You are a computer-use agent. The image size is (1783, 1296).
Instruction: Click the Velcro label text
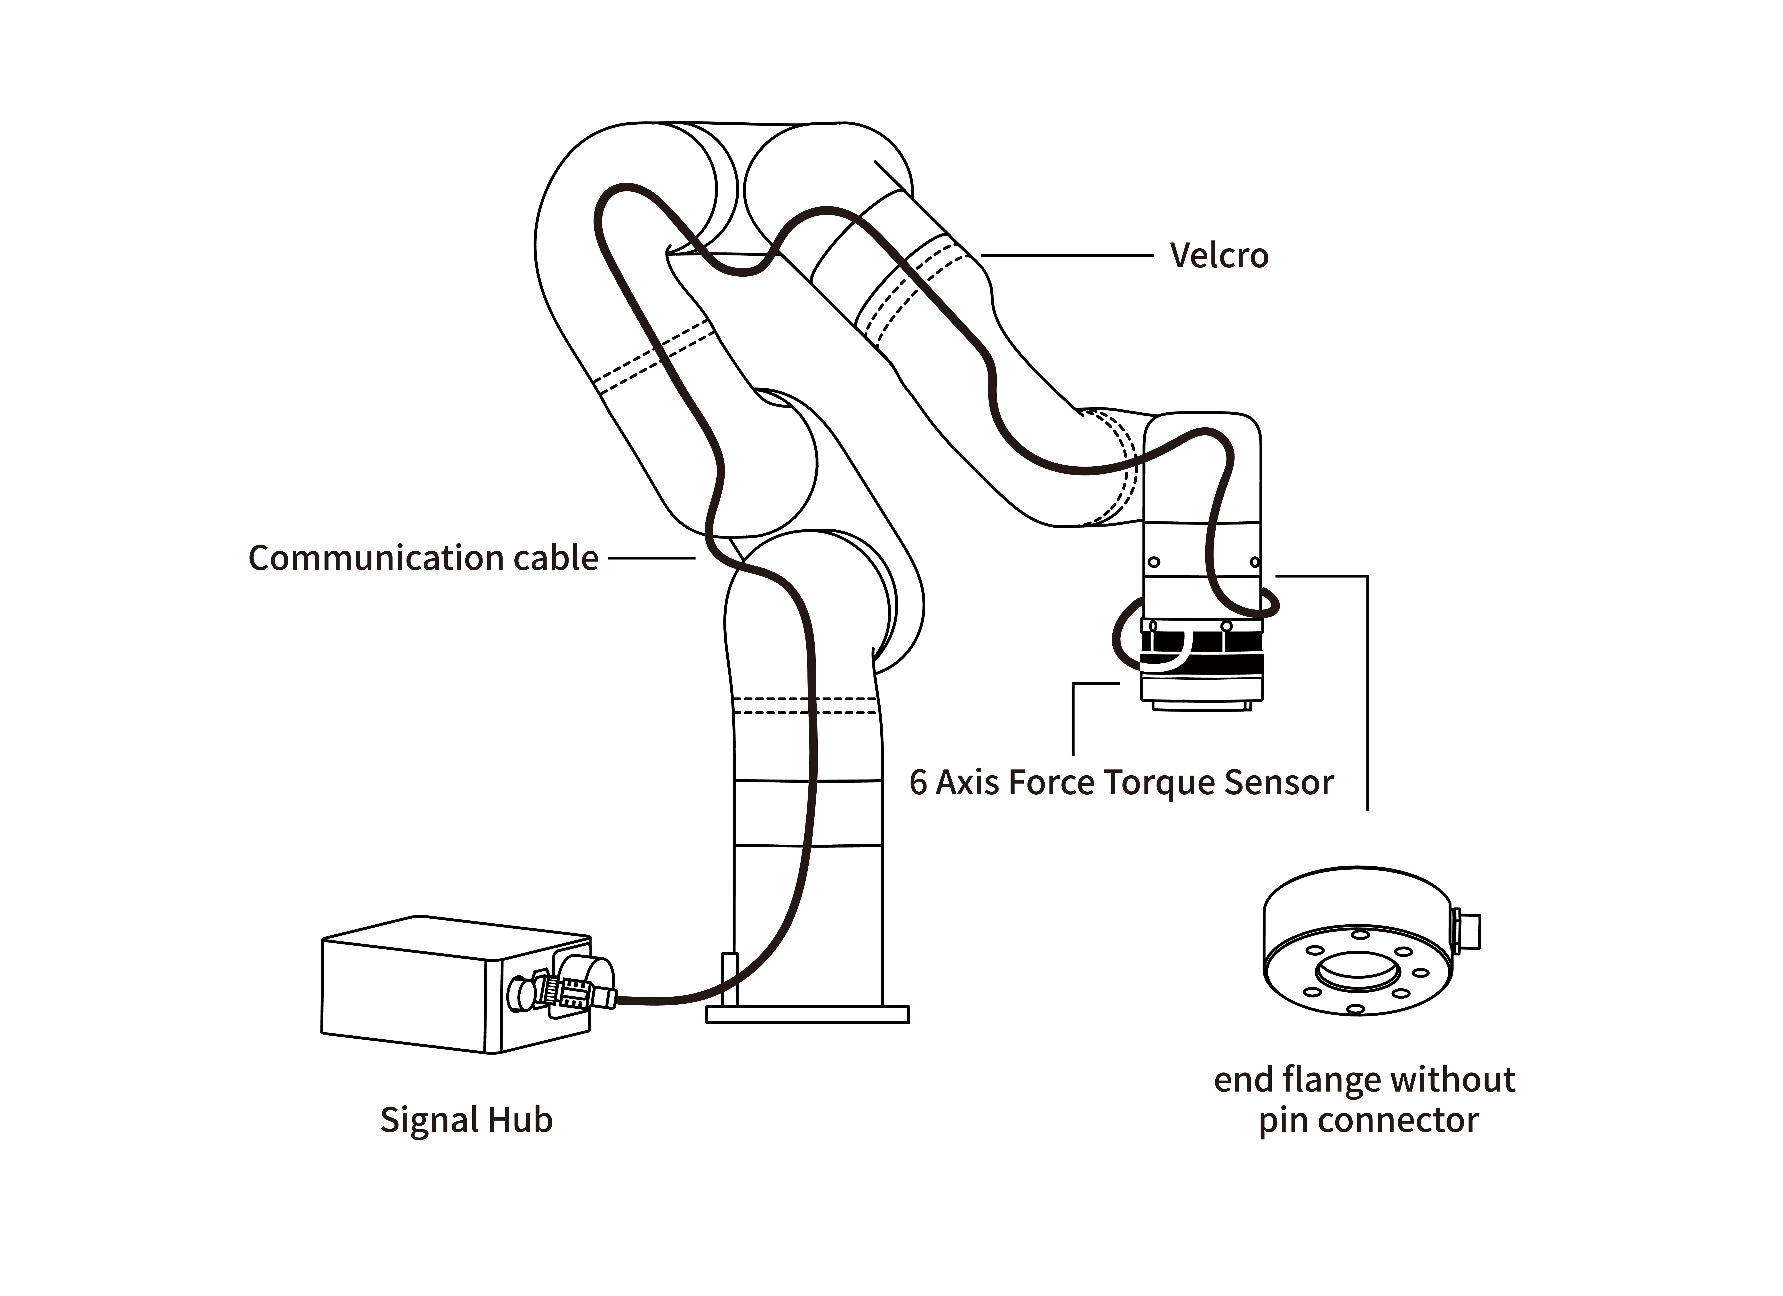pyautogui.click(x=1218, y=256)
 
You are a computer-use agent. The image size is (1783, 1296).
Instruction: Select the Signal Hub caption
pyautogui.click(x=466, y=1120)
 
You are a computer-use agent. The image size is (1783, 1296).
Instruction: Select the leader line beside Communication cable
pyautogui.click(x=651, y=558)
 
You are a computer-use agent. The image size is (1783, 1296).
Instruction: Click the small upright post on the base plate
pyautogui.click(x=729, y=979)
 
